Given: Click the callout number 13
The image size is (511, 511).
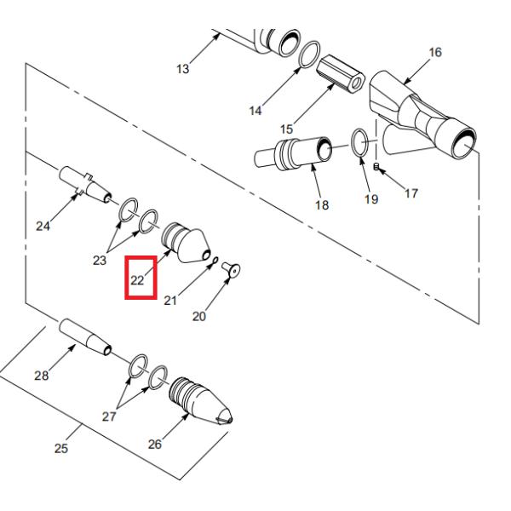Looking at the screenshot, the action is (x=183, y=69).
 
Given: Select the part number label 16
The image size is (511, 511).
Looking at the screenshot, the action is (x=435, y=52).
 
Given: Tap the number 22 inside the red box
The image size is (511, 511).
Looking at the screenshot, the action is (x=137, y=280).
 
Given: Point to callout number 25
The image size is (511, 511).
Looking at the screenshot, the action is (x=61, y=449).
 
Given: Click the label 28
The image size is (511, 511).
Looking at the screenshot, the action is (x=42, y=376).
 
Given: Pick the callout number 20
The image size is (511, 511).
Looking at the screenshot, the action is (x=199, y=316).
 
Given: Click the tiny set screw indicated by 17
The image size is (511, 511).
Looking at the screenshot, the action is (x=376, y=167).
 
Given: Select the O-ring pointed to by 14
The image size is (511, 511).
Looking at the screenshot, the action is (x=309, y=55).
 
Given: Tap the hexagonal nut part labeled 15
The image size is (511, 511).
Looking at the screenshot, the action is (x=341, y=73).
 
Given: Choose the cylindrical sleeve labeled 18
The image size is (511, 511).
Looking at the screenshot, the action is (x=293, y=152).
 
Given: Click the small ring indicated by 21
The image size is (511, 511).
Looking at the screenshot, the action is (x=214, y=261).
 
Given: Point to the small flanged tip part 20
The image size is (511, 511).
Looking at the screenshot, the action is (x=231, y=270).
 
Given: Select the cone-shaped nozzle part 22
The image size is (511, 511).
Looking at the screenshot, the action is (x=186, y=242).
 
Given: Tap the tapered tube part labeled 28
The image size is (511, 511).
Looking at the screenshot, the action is (x=85, y=337).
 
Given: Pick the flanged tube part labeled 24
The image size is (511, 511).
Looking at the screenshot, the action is (x=85, y=185).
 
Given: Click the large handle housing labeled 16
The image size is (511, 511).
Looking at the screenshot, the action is (x=423, y=115).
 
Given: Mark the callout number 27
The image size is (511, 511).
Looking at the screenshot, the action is (x=109, y=416).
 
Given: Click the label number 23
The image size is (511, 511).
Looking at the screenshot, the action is (x=100, y=260).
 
